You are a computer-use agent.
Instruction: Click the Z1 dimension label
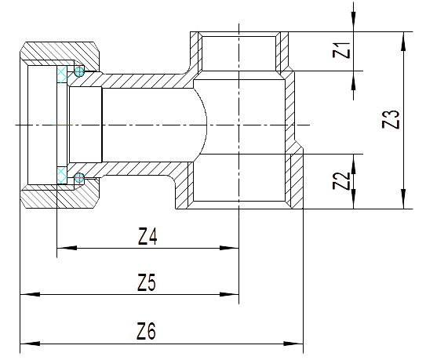pyautogui.click(x=341, y=50)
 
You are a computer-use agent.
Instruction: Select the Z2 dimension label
pyautogui.click(x=341, y=181)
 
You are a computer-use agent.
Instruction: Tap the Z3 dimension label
pyautogui.click(x=391, y=119)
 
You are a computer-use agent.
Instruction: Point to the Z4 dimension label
pyautogui.click(x=147, y=236)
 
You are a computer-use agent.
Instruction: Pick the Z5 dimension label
pyautogui.click(x=147, y=282)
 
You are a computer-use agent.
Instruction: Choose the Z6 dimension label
pyautogui.click(x=146, y=331)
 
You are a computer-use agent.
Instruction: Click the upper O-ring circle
pyautogui.click(x=79, y=71)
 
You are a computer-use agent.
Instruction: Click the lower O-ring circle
pyautogui.click(x=79, y=178)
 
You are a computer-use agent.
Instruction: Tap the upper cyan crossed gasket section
pyautogui.click(x=62, y=74)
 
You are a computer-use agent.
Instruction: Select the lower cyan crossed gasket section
pyautogui.click(x=62, y=176)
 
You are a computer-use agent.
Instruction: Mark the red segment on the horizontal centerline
pyautogui.click(x=62, y=125)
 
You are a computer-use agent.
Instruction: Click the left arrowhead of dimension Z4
pyautogui.click(x=67, y=248)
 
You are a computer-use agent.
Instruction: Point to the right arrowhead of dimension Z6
pyautogui.click(x=293, y=344)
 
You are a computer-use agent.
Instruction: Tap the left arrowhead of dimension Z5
pyautogui.click(x=30, y=294)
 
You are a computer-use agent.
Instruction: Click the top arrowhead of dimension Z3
pyautogui.click(x=404, y=42)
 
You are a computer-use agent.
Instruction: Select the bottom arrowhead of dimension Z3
pyautogui.click(x=404, y=199)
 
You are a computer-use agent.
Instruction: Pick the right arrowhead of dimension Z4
pyautogui.click(x=229, y=248)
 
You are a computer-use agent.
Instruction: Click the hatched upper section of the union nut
pyautogui.click(x=60, y=52)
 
